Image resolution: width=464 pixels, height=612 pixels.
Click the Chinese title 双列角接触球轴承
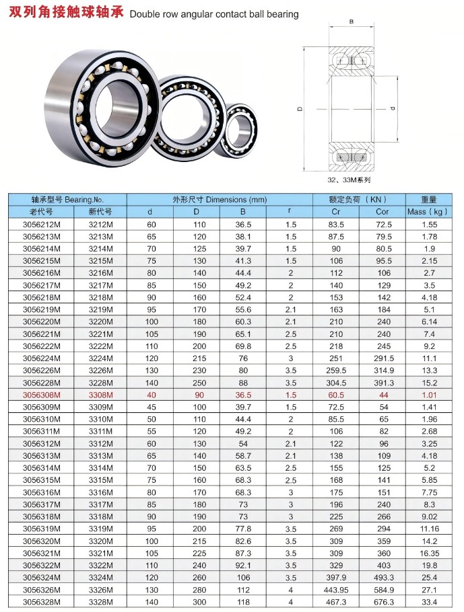66,12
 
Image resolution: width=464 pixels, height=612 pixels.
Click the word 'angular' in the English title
195,15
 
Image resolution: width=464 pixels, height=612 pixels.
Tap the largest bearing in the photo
103,108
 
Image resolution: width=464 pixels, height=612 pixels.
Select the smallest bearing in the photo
238,130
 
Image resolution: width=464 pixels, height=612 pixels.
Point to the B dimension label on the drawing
352,22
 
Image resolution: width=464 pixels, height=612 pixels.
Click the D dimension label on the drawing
300,109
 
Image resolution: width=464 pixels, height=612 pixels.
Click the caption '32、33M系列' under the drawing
349,180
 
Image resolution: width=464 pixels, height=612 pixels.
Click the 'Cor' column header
382,212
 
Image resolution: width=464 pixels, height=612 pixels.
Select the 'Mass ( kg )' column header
429,212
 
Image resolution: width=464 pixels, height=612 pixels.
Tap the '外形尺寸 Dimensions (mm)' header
220,200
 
